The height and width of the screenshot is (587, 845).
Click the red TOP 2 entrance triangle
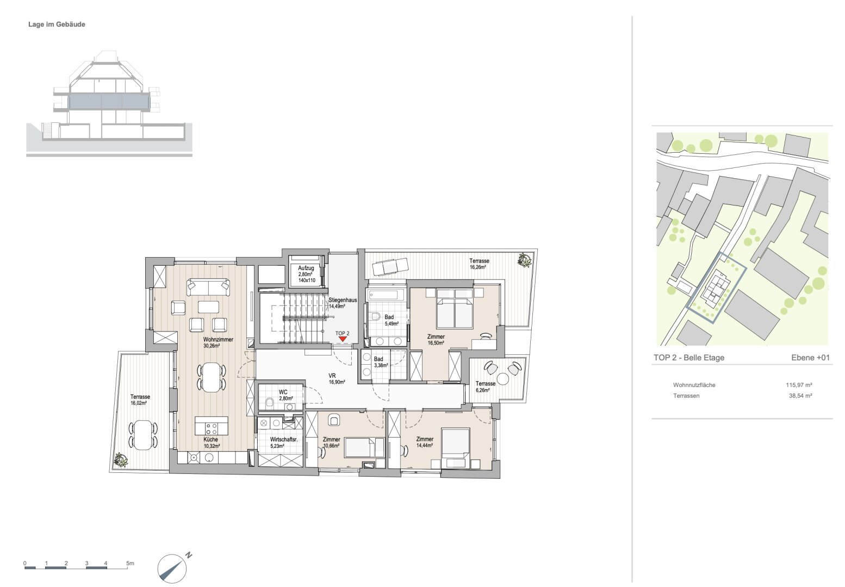coord(343,339)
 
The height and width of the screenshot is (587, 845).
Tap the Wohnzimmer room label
coord(218,339)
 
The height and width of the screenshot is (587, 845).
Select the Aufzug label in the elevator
coord(306,268)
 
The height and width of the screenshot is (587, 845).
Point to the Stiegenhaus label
coord(343,300)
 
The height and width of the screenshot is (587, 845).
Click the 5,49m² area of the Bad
coord(392,323)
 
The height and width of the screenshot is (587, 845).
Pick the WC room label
coord(283,392)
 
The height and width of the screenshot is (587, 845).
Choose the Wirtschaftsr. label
coord(284,440)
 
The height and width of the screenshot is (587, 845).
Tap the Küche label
coord(210,440)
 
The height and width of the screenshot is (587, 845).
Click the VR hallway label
coord(332,376)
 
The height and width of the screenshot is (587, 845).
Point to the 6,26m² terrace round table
coord(502,378)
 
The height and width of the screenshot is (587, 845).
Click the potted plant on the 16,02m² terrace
coord(121,460)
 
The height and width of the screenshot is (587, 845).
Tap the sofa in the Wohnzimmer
coord(208,288)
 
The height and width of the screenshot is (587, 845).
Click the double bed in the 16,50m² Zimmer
coord(455,308)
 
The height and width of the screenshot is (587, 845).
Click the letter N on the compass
coord(189,555)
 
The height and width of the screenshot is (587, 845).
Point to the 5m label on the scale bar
coord(130,563)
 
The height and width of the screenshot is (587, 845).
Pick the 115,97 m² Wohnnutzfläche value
coord(799,385)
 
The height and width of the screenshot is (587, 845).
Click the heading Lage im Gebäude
coord(57,24)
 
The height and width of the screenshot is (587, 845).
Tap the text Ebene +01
coord(810,358)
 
